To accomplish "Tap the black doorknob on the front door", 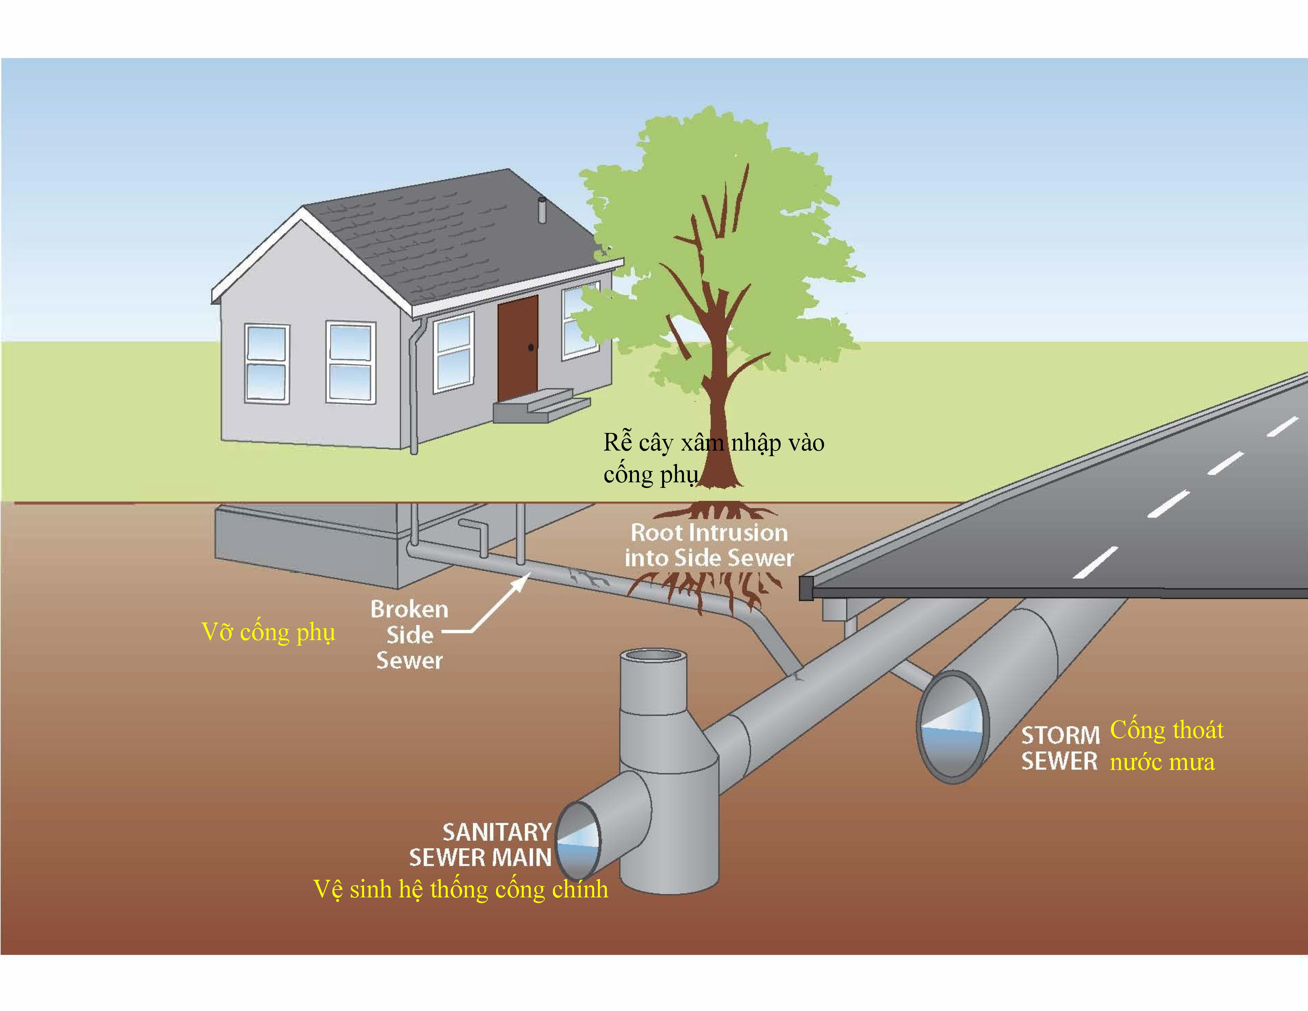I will click(x=531, y=347).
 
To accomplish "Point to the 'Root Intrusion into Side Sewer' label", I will click(x=709, y=545).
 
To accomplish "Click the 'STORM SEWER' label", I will click(x=1060, y=748).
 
